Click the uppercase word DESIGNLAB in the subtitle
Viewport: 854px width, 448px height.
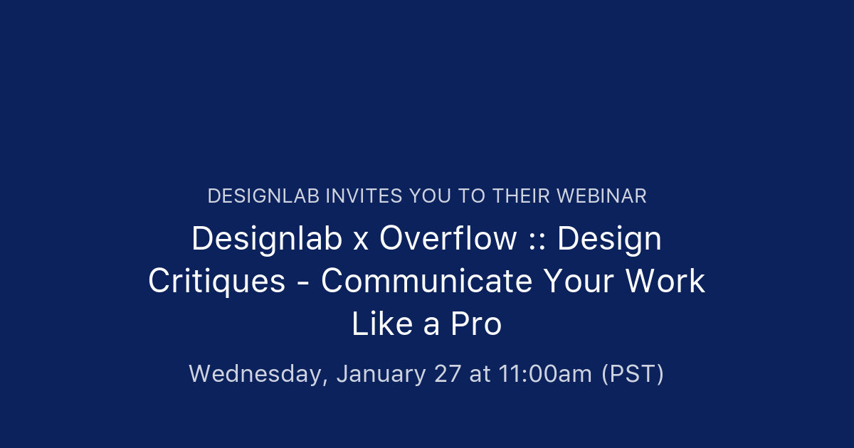(x=263, y=196)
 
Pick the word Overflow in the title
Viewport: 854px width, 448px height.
(x=448, y=239)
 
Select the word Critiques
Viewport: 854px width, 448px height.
(x=216, y=282)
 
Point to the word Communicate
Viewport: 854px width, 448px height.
(x=426, y=282)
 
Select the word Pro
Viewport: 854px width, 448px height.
(x=476, y=324)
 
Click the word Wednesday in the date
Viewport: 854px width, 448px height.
(x=258, y=374)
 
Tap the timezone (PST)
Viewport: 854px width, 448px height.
(x=633, y=374)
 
